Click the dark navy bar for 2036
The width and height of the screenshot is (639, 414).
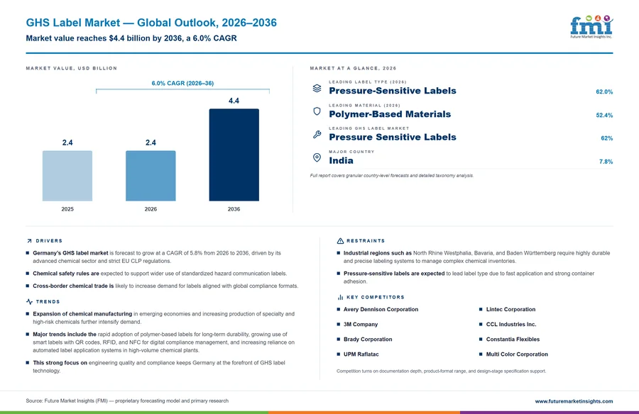pyautogui.click(x=234, y=155)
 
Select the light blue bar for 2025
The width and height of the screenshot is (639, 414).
pyautogui.click(x=67, y=176)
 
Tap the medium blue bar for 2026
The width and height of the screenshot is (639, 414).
pyautogui.click(x=151, y=176)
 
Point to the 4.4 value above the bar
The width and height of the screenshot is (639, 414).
pyautogui.click(x=234, y=101)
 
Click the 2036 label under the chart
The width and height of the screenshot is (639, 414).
pyautogui.click(x=234, y=209)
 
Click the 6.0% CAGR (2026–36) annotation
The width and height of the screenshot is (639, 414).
pyautogui.click(x=182, y=83)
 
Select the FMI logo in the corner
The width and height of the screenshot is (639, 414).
pyautogui.click(x=591, y=26)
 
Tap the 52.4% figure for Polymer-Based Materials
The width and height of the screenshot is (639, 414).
pyautogui.click(x=604, y=116)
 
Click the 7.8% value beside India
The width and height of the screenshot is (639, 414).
pyautogui.click(x=606, y=162)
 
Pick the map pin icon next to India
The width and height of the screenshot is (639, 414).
pyautogui.click(x=317, y=157)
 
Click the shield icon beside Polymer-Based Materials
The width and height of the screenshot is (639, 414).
pyautogui.click(x=317, y=111)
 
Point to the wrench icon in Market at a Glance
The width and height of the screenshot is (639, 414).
pyautogui.click(x=317, y=134)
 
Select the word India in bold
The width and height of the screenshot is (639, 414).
pyautogui.click(x=341, y=160)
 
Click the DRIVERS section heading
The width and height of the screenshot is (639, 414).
pyautogui.click(x=49, y=240)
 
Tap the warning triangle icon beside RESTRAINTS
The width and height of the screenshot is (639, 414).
pyautogui.click(x=340, y=241)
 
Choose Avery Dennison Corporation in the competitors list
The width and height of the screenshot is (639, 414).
pyautogui.click(x=381, y=309)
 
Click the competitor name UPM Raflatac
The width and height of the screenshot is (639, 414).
pyautogui.click(x=361, y=354)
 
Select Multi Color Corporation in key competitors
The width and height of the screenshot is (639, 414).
pyautogui.click(x=517, y=354)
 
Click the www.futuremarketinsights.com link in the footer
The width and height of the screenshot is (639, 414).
pyautogui.click(x=574, y=401)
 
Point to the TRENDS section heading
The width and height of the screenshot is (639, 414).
pyautogui.click(x=48, y=302)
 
